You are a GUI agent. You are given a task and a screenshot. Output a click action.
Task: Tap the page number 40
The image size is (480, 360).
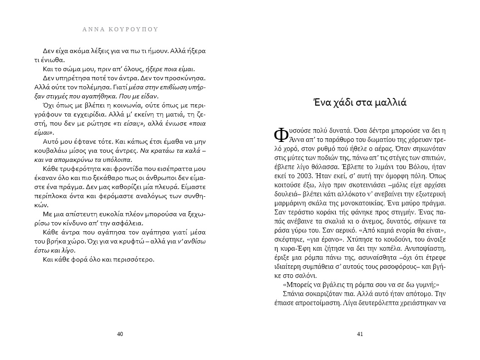(120, 334)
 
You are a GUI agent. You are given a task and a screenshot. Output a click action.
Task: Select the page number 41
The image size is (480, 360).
(360, 334)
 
